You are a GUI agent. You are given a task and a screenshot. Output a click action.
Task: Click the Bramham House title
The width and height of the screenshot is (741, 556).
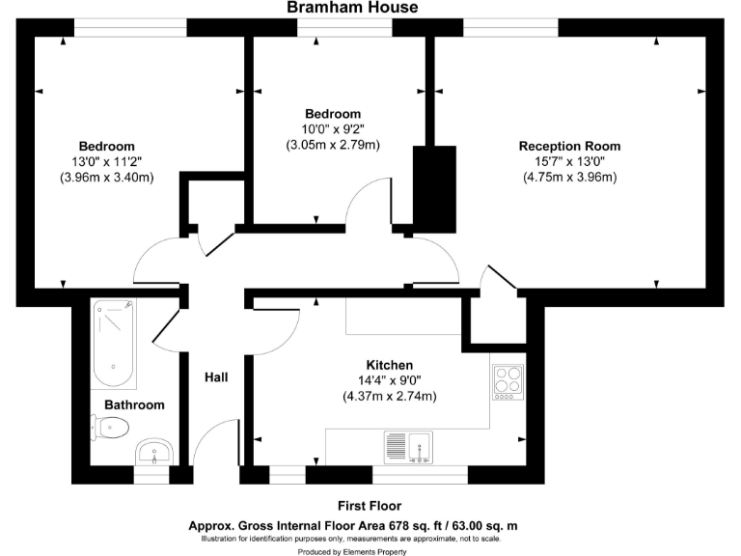(352, 8)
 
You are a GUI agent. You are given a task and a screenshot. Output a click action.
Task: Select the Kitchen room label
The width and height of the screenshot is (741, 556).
(390, 366)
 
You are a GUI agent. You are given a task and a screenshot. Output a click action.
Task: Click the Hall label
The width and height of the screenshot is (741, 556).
(216, 376)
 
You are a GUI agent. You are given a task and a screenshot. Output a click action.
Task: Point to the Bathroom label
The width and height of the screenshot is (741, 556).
(134, 405)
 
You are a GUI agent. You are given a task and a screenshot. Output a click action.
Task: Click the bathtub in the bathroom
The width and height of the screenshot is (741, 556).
(115, 343)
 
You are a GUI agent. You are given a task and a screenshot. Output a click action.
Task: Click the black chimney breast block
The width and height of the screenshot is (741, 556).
(434, 188)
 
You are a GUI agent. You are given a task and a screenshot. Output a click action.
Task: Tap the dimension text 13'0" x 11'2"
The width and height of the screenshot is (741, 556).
(106, 162)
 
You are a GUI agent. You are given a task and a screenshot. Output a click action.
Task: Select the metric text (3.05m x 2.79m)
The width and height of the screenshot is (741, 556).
(333, 145)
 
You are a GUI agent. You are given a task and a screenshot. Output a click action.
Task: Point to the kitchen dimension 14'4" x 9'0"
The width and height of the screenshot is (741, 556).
(390, 381)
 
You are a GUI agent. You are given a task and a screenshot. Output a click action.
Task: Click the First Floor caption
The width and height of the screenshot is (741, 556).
(370, 506)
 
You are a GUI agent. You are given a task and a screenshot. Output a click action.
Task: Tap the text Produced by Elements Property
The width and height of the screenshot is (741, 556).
(352, 552)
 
